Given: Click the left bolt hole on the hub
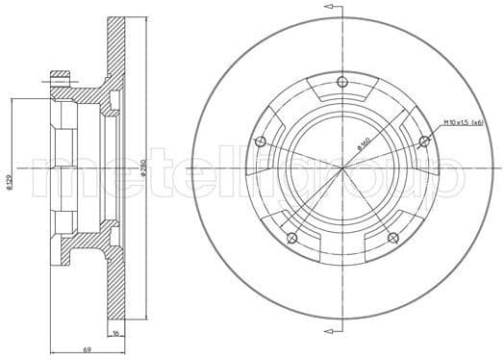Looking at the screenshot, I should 259,142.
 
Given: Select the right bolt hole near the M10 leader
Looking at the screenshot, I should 424,142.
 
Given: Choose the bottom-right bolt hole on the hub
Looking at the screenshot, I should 391,238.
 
